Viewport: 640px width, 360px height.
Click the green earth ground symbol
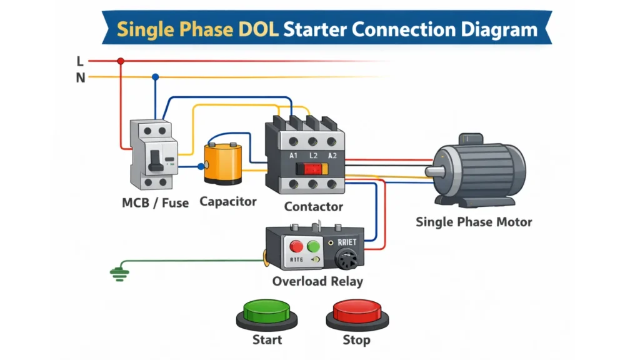117,272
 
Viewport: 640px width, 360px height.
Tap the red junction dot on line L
121,61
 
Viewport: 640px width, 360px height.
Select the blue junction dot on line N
155,77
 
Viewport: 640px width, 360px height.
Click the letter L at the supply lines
80,61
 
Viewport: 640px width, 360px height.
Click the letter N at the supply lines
80,78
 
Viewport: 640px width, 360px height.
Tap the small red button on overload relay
296,246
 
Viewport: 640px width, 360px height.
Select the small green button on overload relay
312,246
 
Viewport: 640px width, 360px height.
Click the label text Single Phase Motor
474,222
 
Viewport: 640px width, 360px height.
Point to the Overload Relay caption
317,281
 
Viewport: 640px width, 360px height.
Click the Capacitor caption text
228,202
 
